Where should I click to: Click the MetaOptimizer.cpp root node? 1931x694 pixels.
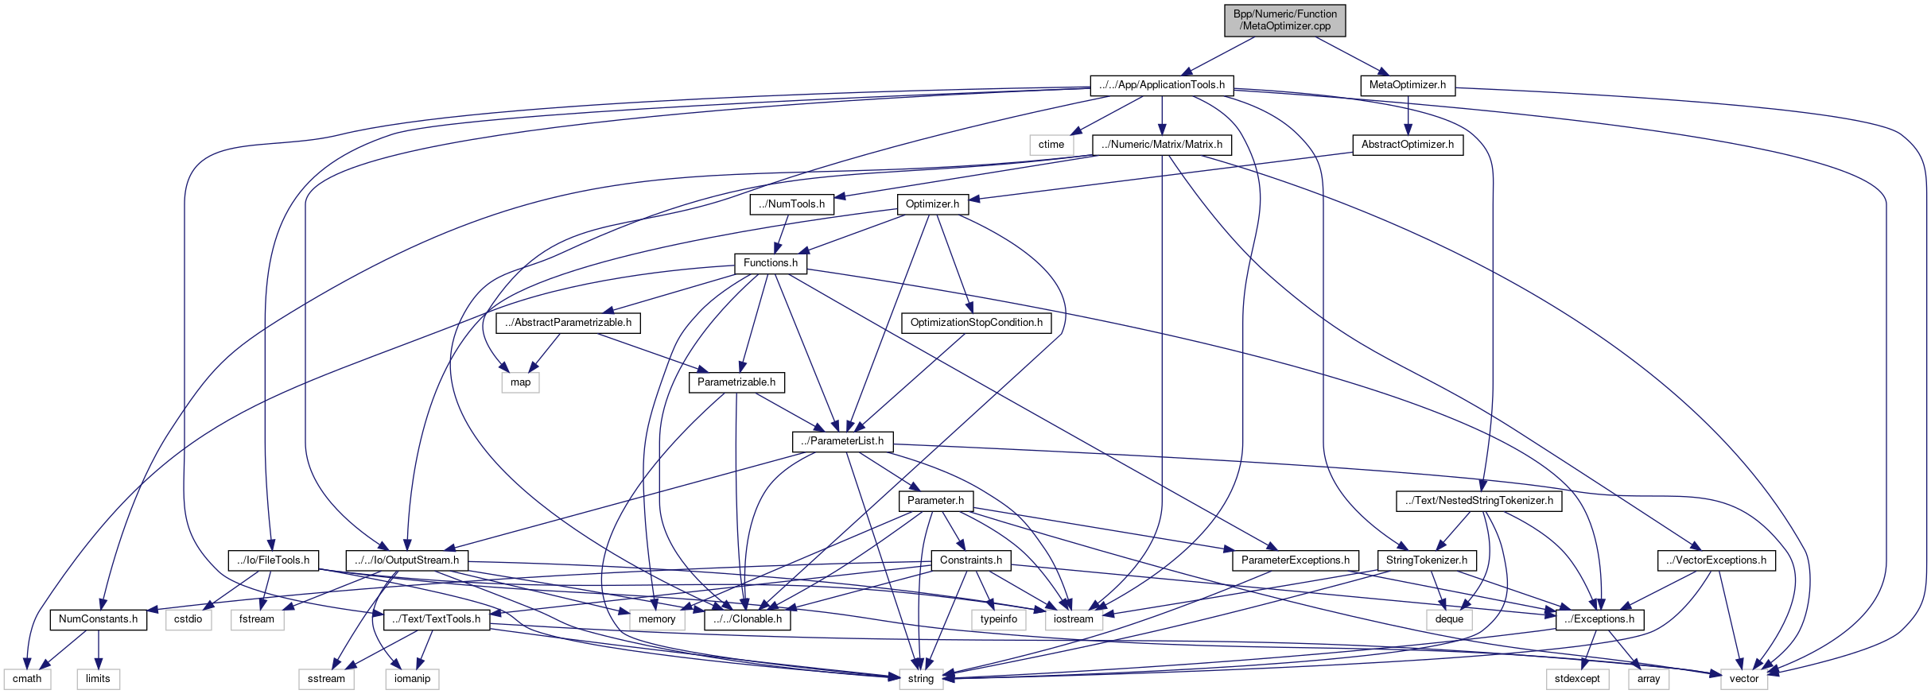pos(1284,20)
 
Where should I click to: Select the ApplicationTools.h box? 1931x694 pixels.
pos(1161,85)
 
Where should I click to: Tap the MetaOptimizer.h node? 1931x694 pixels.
pos(1407,85)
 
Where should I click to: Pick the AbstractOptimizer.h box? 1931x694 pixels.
pos(1407,145)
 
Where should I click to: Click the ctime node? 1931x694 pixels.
pos(1051,145)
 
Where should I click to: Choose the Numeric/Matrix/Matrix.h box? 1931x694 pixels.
pos(1161,145)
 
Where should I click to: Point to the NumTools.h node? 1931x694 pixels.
pos(791,204)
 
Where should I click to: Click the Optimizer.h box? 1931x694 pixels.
pos(932,204)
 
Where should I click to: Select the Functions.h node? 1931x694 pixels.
pos(770,263)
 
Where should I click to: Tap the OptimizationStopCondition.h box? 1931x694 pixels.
pos(976,323)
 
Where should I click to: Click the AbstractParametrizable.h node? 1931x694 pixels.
pos(568,323)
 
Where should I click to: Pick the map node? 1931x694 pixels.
pos(520,382)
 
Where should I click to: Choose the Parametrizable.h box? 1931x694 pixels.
pos(736,382)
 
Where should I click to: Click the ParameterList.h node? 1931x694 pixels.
pos(842,441)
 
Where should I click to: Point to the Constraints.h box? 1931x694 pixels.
pos(970,560)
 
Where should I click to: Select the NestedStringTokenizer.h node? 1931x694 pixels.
pos(1478,501)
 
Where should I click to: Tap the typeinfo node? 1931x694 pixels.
pos(998,619)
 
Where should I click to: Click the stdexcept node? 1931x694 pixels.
pos(1576,679)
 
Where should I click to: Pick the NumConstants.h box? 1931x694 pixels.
pos(98,619)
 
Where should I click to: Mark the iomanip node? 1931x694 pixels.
pos(412,679)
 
